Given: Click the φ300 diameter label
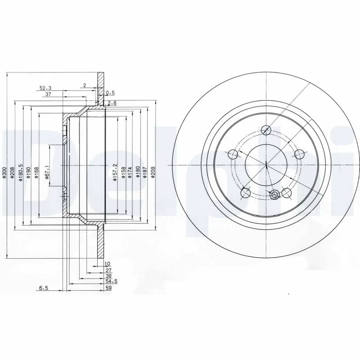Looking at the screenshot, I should (4, 173).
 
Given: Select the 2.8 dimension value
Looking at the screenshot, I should (112, 103).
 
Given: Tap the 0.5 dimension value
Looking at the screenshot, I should (110, 93).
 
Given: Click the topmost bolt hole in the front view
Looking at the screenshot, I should (266, 130).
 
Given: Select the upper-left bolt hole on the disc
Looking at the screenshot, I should (233, 155).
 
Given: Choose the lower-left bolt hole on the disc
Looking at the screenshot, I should (246, 193).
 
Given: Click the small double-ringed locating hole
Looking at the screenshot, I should (275, 194).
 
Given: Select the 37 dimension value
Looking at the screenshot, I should (48, 94).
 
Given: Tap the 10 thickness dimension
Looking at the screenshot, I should (107, 264).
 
